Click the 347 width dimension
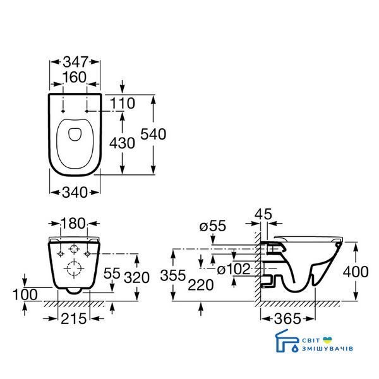[75, 62]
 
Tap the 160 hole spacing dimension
[75, 77]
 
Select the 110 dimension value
[123, 104]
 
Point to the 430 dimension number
[122, 143]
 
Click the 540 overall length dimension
[153, 134]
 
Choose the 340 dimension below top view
[75, 193]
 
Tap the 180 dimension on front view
[73, 224]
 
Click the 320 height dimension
[136, 277]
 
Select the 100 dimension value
[25, 294]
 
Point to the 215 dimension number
[74, 318]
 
